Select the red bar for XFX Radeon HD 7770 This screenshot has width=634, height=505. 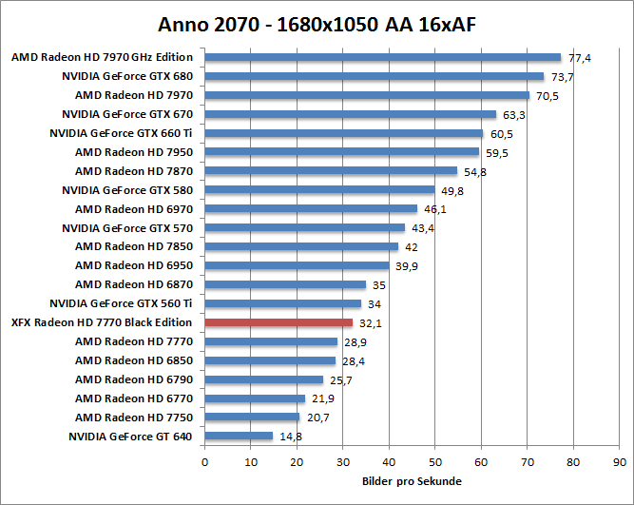[279, 322]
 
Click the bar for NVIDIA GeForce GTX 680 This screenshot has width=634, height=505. [374, 76]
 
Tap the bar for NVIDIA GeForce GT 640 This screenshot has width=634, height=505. [239, 437]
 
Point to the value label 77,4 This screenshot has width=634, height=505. [580, 58]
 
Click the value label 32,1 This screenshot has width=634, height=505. [371, 323]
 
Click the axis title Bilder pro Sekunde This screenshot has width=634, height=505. [412, 481]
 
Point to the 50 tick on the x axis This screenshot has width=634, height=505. [435, 462]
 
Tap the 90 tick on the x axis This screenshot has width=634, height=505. [620, 462]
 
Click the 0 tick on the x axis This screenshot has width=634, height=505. [204, 462]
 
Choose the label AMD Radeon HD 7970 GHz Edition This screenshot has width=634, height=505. [102, 57]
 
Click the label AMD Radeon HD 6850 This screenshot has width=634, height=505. [133, 360]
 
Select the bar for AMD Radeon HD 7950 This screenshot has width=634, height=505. [341, 152]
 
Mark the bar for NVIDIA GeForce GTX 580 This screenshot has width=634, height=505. [318, 190]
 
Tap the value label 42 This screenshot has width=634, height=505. [413, 247]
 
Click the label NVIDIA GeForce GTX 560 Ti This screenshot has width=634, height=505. [121, 303]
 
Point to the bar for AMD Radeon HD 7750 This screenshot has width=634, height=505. [252, 418]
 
